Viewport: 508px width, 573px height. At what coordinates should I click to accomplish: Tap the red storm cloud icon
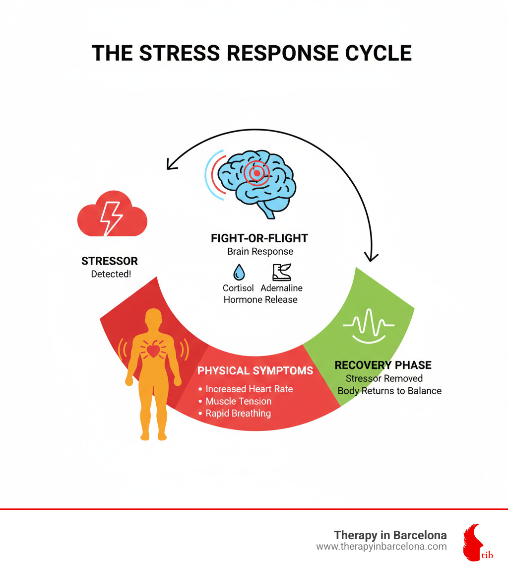(112, 214)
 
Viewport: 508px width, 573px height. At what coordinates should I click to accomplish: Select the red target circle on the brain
(257, 173)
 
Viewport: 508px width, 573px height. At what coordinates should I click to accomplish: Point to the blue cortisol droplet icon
(239, 272)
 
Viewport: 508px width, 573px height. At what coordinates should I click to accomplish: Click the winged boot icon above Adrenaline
(282, 272)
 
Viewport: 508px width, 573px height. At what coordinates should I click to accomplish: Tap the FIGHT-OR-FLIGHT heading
(259, 238)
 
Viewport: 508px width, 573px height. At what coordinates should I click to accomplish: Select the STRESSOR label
(110, 261)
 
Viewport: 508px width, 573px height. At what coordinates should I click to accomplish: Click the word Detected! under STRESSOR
(111, 274)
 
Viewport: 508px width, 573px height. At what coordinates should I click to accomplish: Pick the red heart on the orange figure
(153, 350)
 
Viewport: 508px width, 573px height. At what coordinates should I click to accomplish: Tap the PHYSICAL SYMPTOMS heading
(255, 370)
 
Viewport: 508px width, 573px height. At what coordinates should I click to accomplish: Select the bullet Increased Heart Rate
(246, 389)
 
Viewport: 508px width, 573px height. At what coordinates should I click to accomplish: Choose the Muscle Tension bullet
(235, 401)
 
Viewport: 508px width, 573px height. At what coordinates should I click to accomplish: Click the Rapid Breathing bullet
(235, 413)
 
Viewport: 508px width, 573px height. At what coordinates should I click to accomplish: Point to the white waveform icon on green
(369, 326)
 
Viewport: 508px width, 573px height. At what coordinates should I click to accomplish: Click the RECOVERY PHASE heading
(383, 365)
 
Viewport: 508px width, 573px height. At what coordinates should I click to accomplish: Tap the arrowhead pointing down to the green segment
(372, 257)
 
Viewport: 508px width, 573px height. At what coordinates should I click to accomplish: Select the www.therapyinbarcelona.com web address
(381, 547)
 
